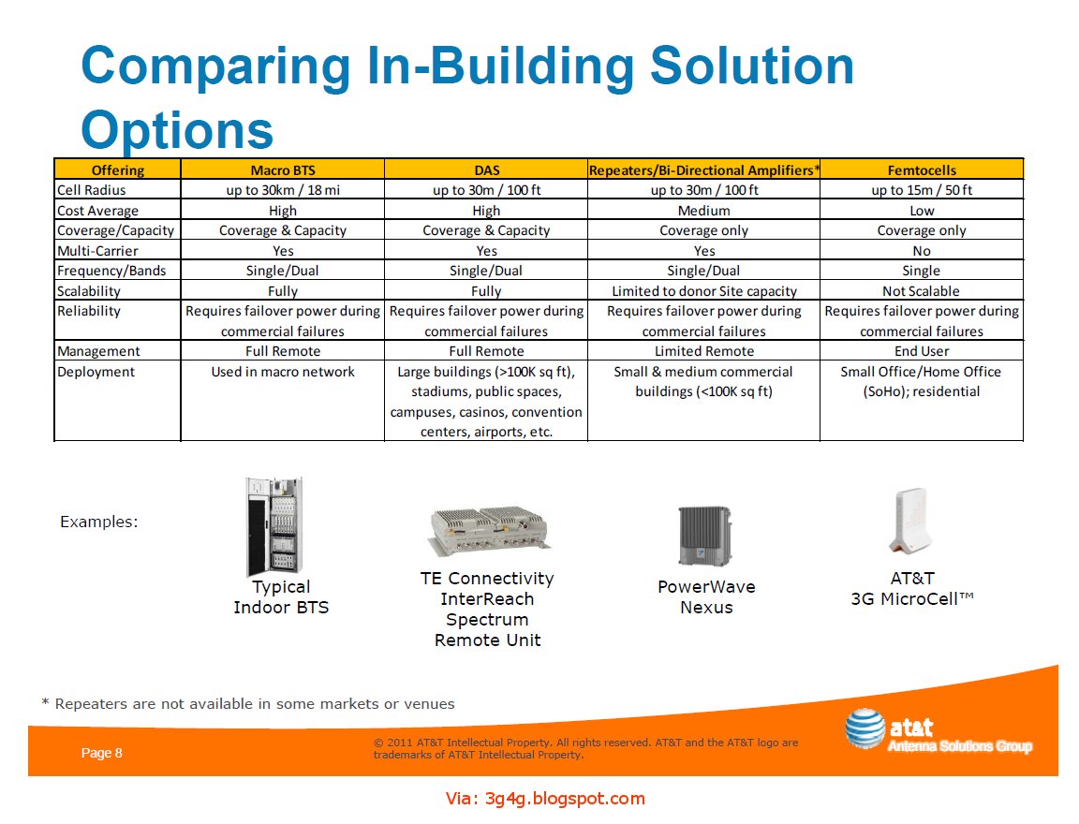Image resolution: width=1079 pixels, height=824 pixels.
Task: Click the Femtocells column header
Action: [x=922, y=170]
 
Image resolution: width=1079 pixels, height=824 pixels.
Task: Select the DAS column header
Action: [x=486, y=170]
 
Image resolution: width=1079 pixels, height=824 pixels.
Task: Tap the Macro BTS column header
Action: [x=282, y=170]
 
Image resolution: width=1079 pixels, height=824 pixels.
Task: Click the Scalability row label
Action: [x=89, y=291]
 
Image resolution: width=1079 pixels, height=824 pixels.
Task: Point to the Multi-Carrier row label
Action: [x=98, y=251]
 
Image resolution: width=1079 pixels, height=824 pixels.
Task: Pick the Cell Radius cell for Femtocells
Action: [x=922, y=190]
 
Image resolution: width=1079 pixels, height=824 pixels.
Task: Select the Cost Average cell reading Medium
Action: [x=703, y=211]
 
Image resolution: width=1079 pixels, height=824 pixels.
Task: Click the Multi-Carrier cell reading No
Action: [x=922, y=251]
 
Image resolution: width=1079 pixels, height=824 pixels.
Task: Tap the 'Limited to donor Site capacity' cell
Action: [x=703, y=291]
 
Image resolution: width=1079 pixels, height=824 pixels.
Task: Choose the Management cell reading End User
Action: [x=922, y=351]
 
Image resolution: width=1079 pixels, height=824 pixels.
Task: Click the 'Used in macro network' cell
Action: [x=282, y=372]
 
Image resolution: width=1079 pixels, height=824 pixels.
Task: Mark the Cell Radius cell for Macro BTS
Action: [x=282, y=190]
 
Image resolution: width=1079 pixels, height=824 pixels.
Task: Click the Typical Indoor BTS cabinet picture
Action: [x=274, y=526]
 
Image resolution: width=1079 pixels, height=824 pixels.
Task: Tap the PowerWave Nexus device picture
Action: [x=704, y=536]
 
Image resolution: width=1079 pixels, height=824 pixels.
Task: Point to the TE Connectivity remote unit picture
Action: [x=488, y=530]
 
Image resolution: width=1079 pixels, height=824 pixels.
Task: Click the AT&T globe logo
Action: [x=864, y=729]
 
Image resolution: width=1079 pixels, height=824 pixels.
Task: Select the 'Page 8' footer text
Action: [x=101, y=753]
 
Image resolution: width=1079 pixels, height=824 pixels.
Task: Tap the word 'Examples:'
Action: [x=98, y=522]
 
